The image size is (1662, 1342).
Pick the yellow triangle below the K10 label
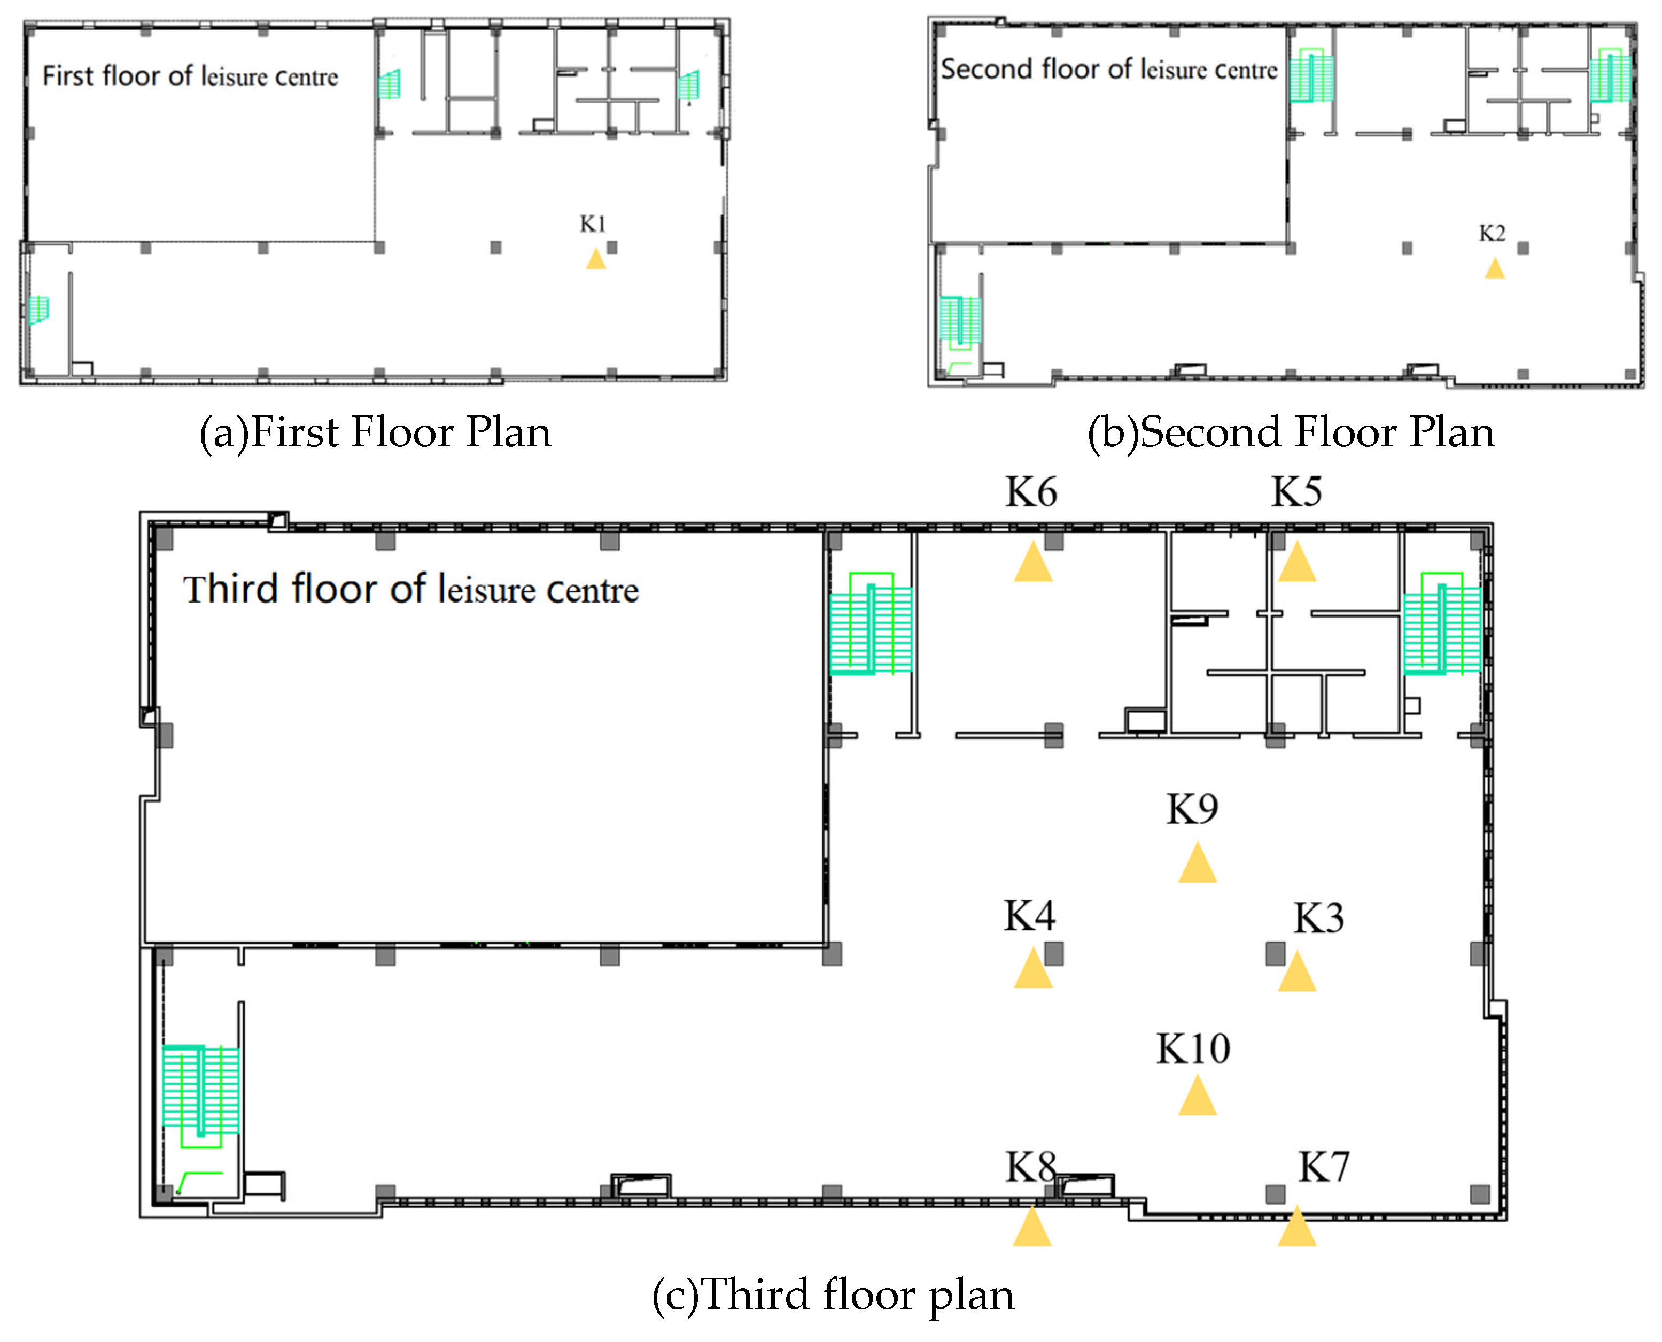(1197, 1098)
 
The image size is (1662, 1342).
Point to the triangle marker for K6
(1033, 564)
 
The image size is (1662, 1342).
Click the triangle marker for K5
(1296, 564)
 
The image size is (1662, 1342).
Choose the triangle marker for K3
(1296, 973)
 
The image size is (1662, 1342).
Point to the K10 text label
(1193, 1049)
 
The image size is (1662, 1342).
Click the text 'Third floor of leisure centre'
(410, 590)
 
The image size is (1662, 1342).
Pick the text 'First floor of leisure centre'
(190, 76)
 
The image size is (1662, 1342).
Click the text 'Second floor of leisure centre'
(1109, 70)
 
